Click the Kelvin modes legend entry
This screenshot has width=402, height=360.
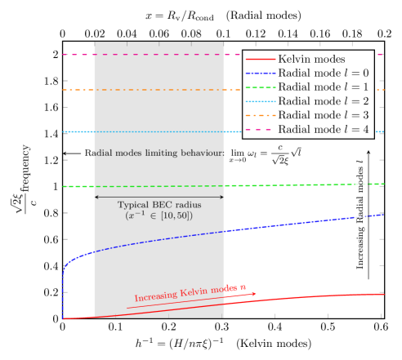click(311, 60)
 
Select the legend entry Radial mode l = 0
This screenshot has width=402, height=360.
click(318, 73)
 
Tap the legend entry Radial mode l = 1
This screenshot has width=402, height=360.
click(318, 87)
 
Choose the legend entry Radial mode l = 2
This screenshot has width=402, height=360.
click(318, 101)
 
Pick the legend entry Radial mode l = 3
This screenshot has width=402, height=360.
click(318, 115)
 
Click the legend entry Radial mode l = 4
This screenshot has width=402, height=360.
click(318, 129)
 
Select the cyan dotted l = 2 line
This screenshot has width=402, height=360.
click(163, 131)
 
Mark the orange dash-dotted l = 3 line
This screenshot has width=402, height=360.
click(163, 90)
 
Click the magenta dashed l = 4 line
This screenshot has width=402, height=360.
click(163, 55)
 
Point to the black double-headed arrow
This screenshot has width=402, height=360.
click(159, 197)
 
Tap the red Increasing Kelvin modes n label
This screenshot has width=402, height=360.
click(190, 292)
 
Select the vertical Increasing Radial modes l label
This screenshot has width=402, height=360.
click(360, 215)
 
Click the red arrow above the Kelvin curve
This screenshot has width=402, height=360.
click(192, 300)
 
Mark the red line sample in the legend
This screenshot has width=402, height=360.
click(261, 60)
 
